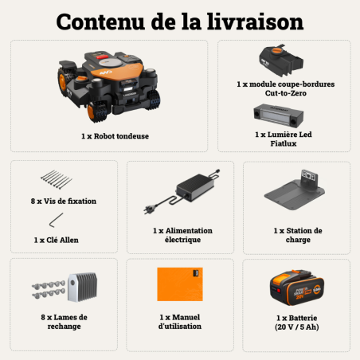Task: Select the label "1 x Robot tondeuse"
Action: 115,136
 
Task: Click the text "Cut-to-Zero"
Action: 284,93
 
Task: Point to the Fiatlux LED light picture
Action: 284,116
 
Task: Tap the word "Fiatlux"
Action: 284,144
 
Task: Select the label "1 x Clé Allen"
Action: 57,239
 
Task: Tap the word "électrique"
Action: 180,240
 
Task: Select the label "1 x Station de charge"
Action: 296,235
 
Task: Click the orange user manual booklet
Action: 179,284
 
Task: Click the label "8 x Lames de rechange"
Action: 64,322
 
